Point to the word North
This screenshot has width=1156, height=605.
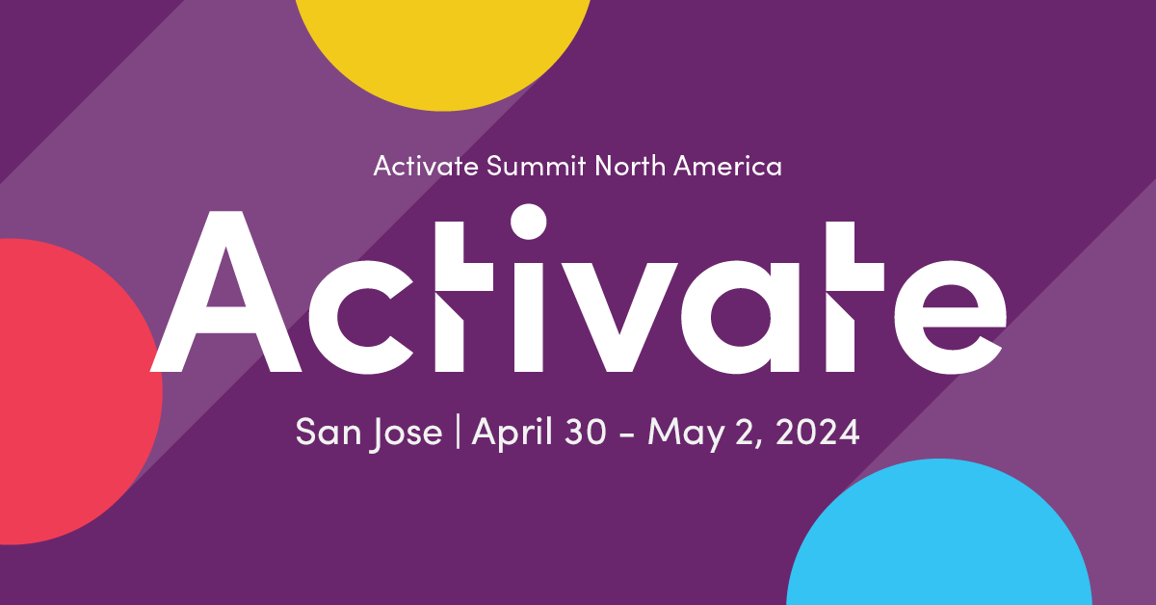tap(630, 167)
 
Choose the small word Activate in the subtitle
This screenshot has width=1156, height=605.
tap(425, 167)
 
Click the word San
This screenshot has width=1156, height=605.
tap(322, 433)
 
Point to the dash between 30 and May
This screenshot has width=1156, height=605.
tap(627, 436)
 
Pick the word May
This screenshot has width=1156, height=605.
tap(685, 434)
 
